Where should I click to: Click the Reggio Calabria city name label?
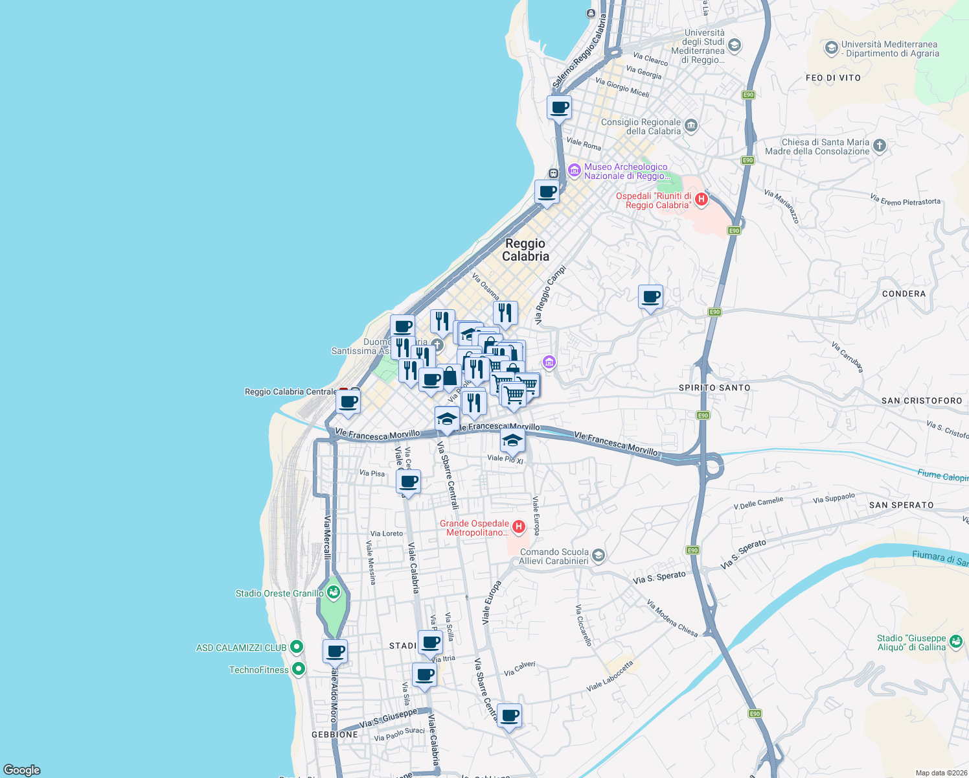pos(525,250)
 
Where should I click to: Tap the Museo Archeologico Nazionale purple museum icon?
pos(574,171)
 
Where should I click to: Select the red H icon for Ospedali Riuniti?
pos(700,199)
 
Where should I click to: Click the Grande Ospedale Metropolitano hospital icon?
pos(518,527)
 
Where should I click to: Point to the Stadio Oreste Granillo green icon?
pos(334,592)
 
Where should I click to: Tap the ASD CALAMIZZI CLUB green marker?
pos(297,646)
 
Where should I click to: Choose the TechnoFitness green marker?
pos(298,668)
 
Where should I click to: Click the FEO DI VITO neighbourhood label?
pos(833,78)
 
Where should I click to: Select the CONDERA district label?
pos(904,294)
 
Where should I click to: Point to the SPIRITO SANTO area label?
pos(714,388)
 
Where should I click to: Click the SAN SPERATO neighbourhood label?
pos(901,505)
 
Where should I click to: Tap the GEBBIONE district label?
pos(334,735)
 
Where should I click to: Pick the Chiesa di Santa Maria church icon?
pos(879,145)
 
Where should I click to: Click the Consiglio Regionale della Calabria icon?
pos(691,125)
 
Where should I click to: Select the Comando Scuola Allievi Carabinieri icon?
pos(598,555)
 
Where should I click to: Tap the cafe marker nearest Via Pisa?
pos(408,482)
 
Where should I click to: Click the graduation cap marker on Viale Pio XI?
pos(512,441)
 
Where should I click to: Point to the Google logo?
pos(22,770)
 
